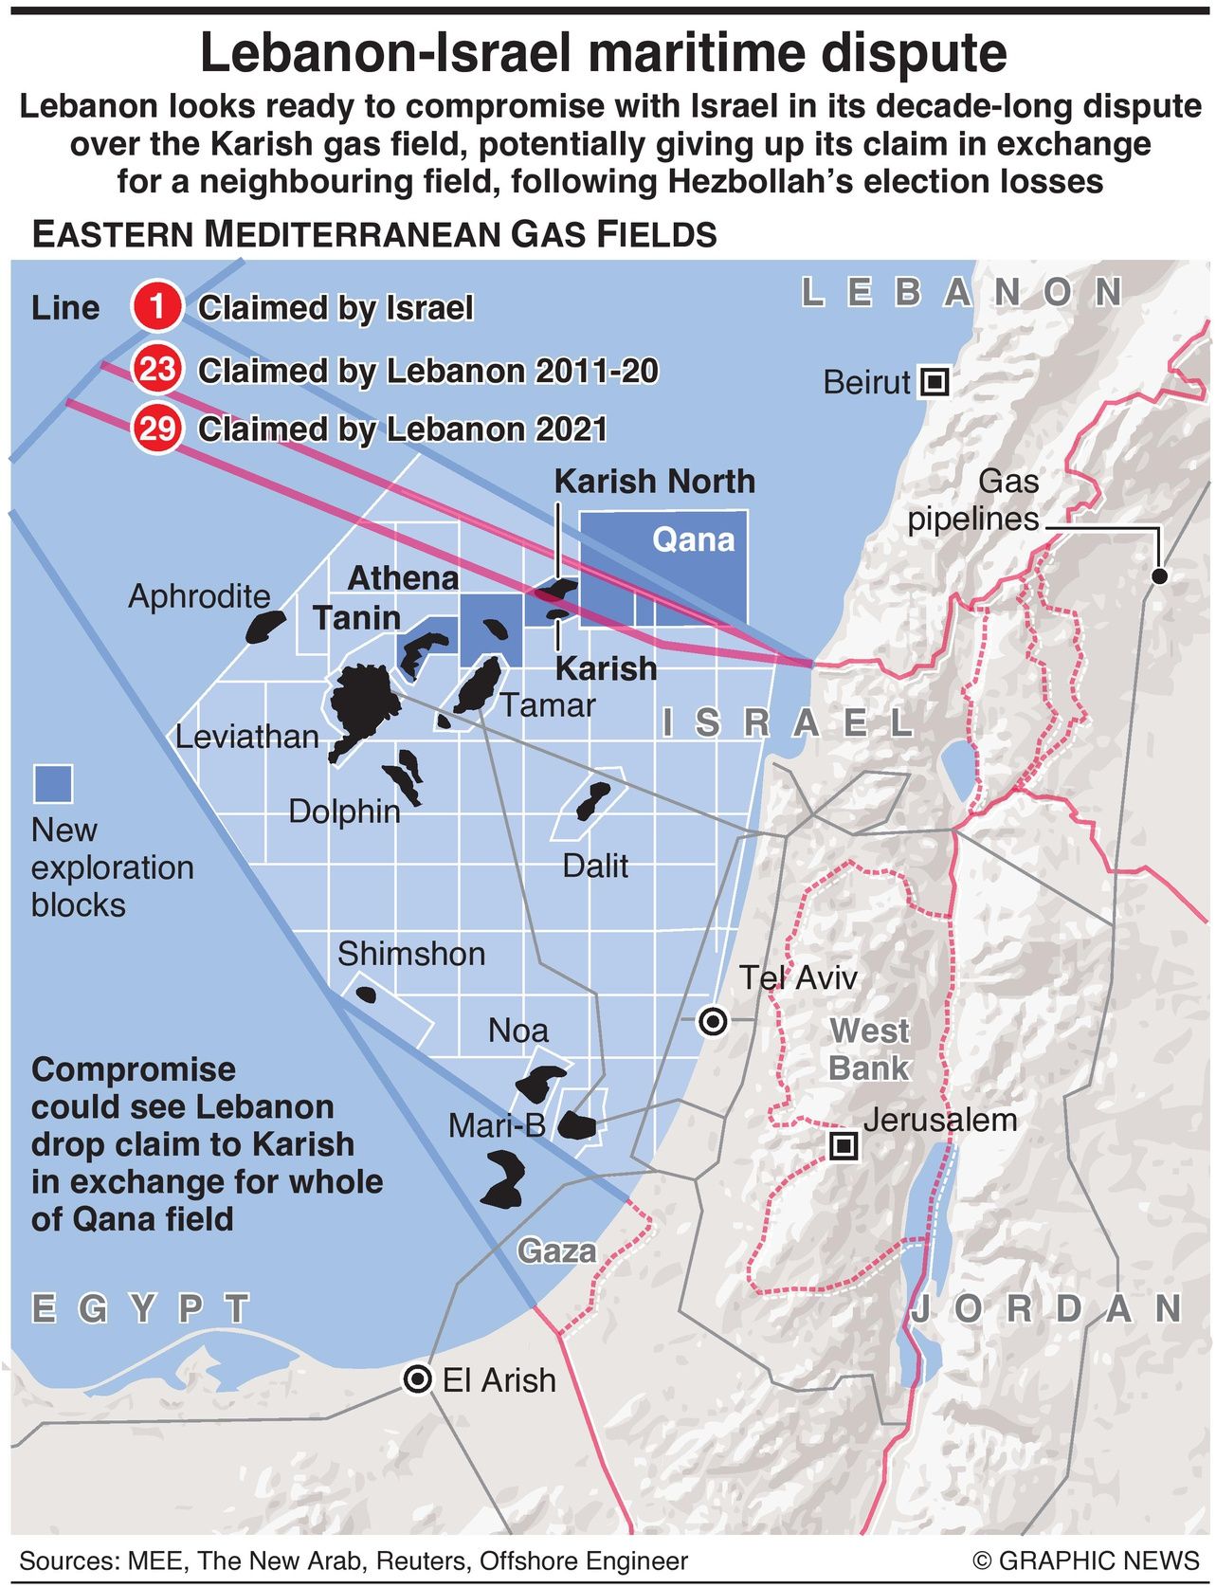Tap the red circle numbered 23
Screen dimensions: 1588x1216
(156, 369)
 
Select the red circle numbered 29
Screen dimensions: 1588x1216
(156, 429)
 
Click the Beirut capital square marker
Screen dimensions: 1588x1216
(935, 382)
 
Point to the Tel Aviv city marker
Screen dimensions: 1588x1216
(712, 1021)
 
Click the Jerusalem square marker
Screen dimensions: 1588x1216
(843, 1147)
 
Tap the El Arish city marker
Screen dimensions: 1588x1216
(418, 1379)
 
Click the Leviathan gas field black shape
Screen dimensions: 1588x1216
(358, 706)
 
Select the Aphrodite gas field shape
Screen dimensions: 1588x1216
(265, 627)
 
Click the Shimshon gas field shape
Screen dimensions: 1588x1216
(365, 994)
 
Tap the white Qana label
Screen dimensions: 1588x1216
(694, 539)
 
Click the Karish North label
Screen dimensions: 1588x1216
(654, 481)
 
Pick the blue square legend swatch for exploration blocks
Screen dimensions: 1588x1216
(53, 784)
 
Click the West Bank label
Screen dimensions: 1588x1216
(868, 1049)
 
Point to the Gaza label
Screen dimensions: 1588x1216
(556, 1250)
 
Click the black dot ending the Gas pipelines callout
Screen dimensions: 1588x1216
(1159, 575)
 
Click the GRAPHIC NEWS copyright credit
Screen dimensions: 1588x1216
(1085, 1561)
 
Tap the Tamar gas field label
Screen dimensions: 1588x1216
(547, 704)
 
